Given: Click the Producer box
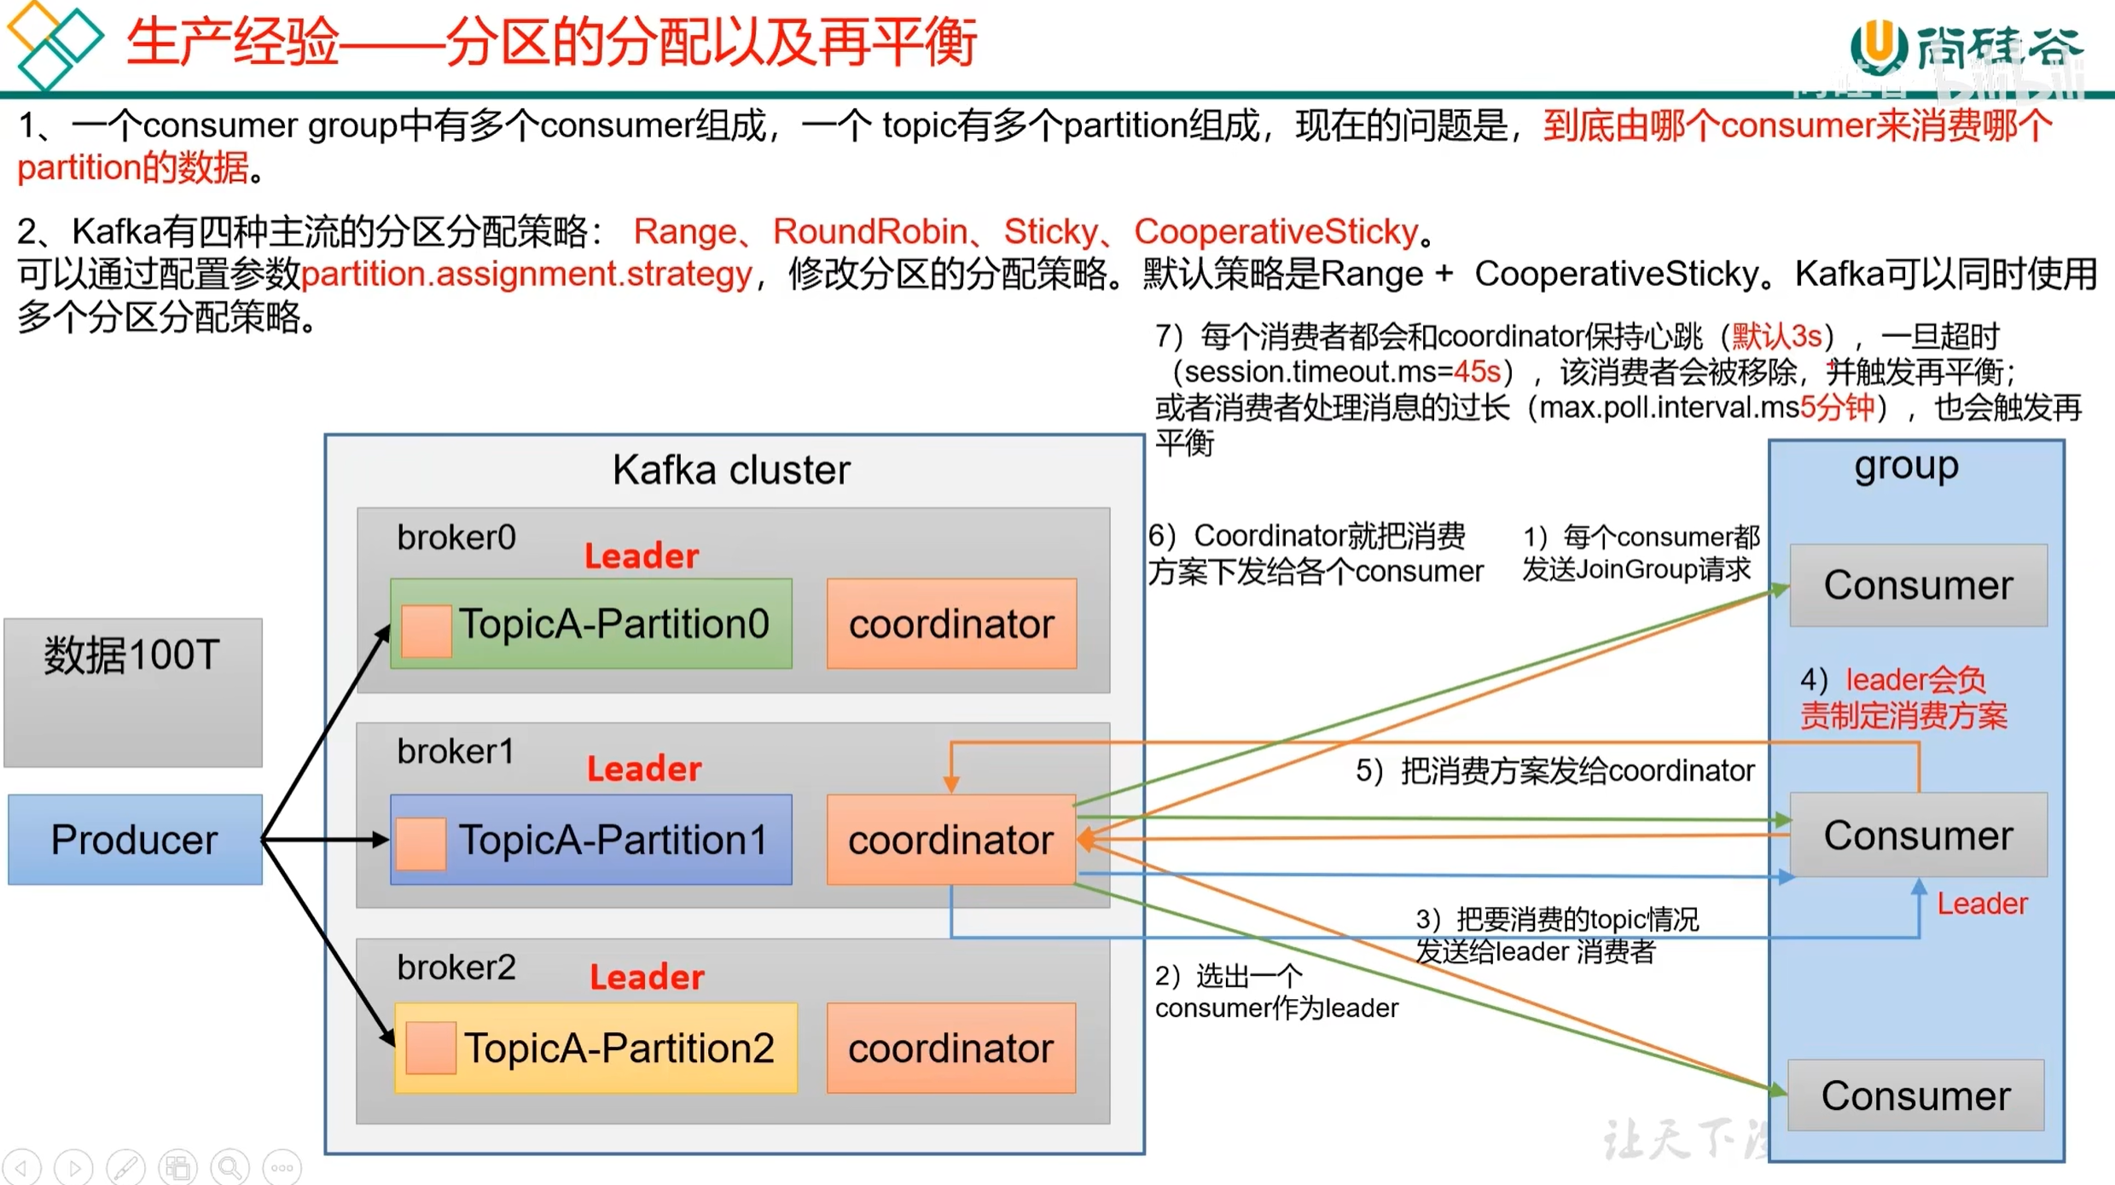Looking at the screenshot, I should tap(135, 839).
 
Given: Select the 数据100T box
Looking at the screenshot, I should tap(133, 692).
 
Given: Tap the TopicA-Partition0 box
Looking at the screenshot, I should tap(591, 624).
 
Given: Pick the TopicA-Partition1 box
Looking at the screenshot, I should tap(591, 839).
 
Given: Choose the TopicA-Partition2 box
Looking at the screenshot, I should tap(596, 1048).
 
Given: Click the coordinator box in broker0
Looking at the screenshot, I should tap(951, 624).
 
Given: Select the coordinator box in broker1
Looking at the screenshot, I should tap(951, 839).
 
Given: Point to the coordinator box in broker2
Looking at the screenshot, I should tap(951, 1048).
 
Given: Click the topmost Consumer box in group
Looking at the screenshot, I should tap(1918, 585).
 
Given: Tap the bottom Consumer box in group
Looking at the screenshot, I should tap(1915, 1095).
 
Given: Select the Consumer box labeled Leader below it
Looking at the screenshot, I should tap(1918, 834).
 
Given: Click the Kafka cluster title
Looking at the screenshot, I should tap(731, 470).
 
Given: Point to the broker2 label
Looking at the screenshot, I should tap(456, 967).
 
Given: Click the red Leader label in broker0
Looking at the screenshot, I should tap(642, 556).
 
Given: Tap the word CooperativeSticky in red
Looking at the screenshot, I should tap(1275, 231).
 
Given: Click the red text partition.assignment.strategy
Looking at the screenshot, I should tap(526, 274).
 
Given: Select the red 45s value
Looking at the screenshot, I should tap(1477, 372).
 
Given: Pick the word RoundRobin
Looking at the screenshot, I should tap(869, 231).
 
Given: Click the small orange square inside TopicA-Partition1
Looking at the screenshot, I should tap(421, 844).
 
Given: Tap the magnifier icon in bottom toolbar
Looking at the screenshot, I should tap(230, 1166).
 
